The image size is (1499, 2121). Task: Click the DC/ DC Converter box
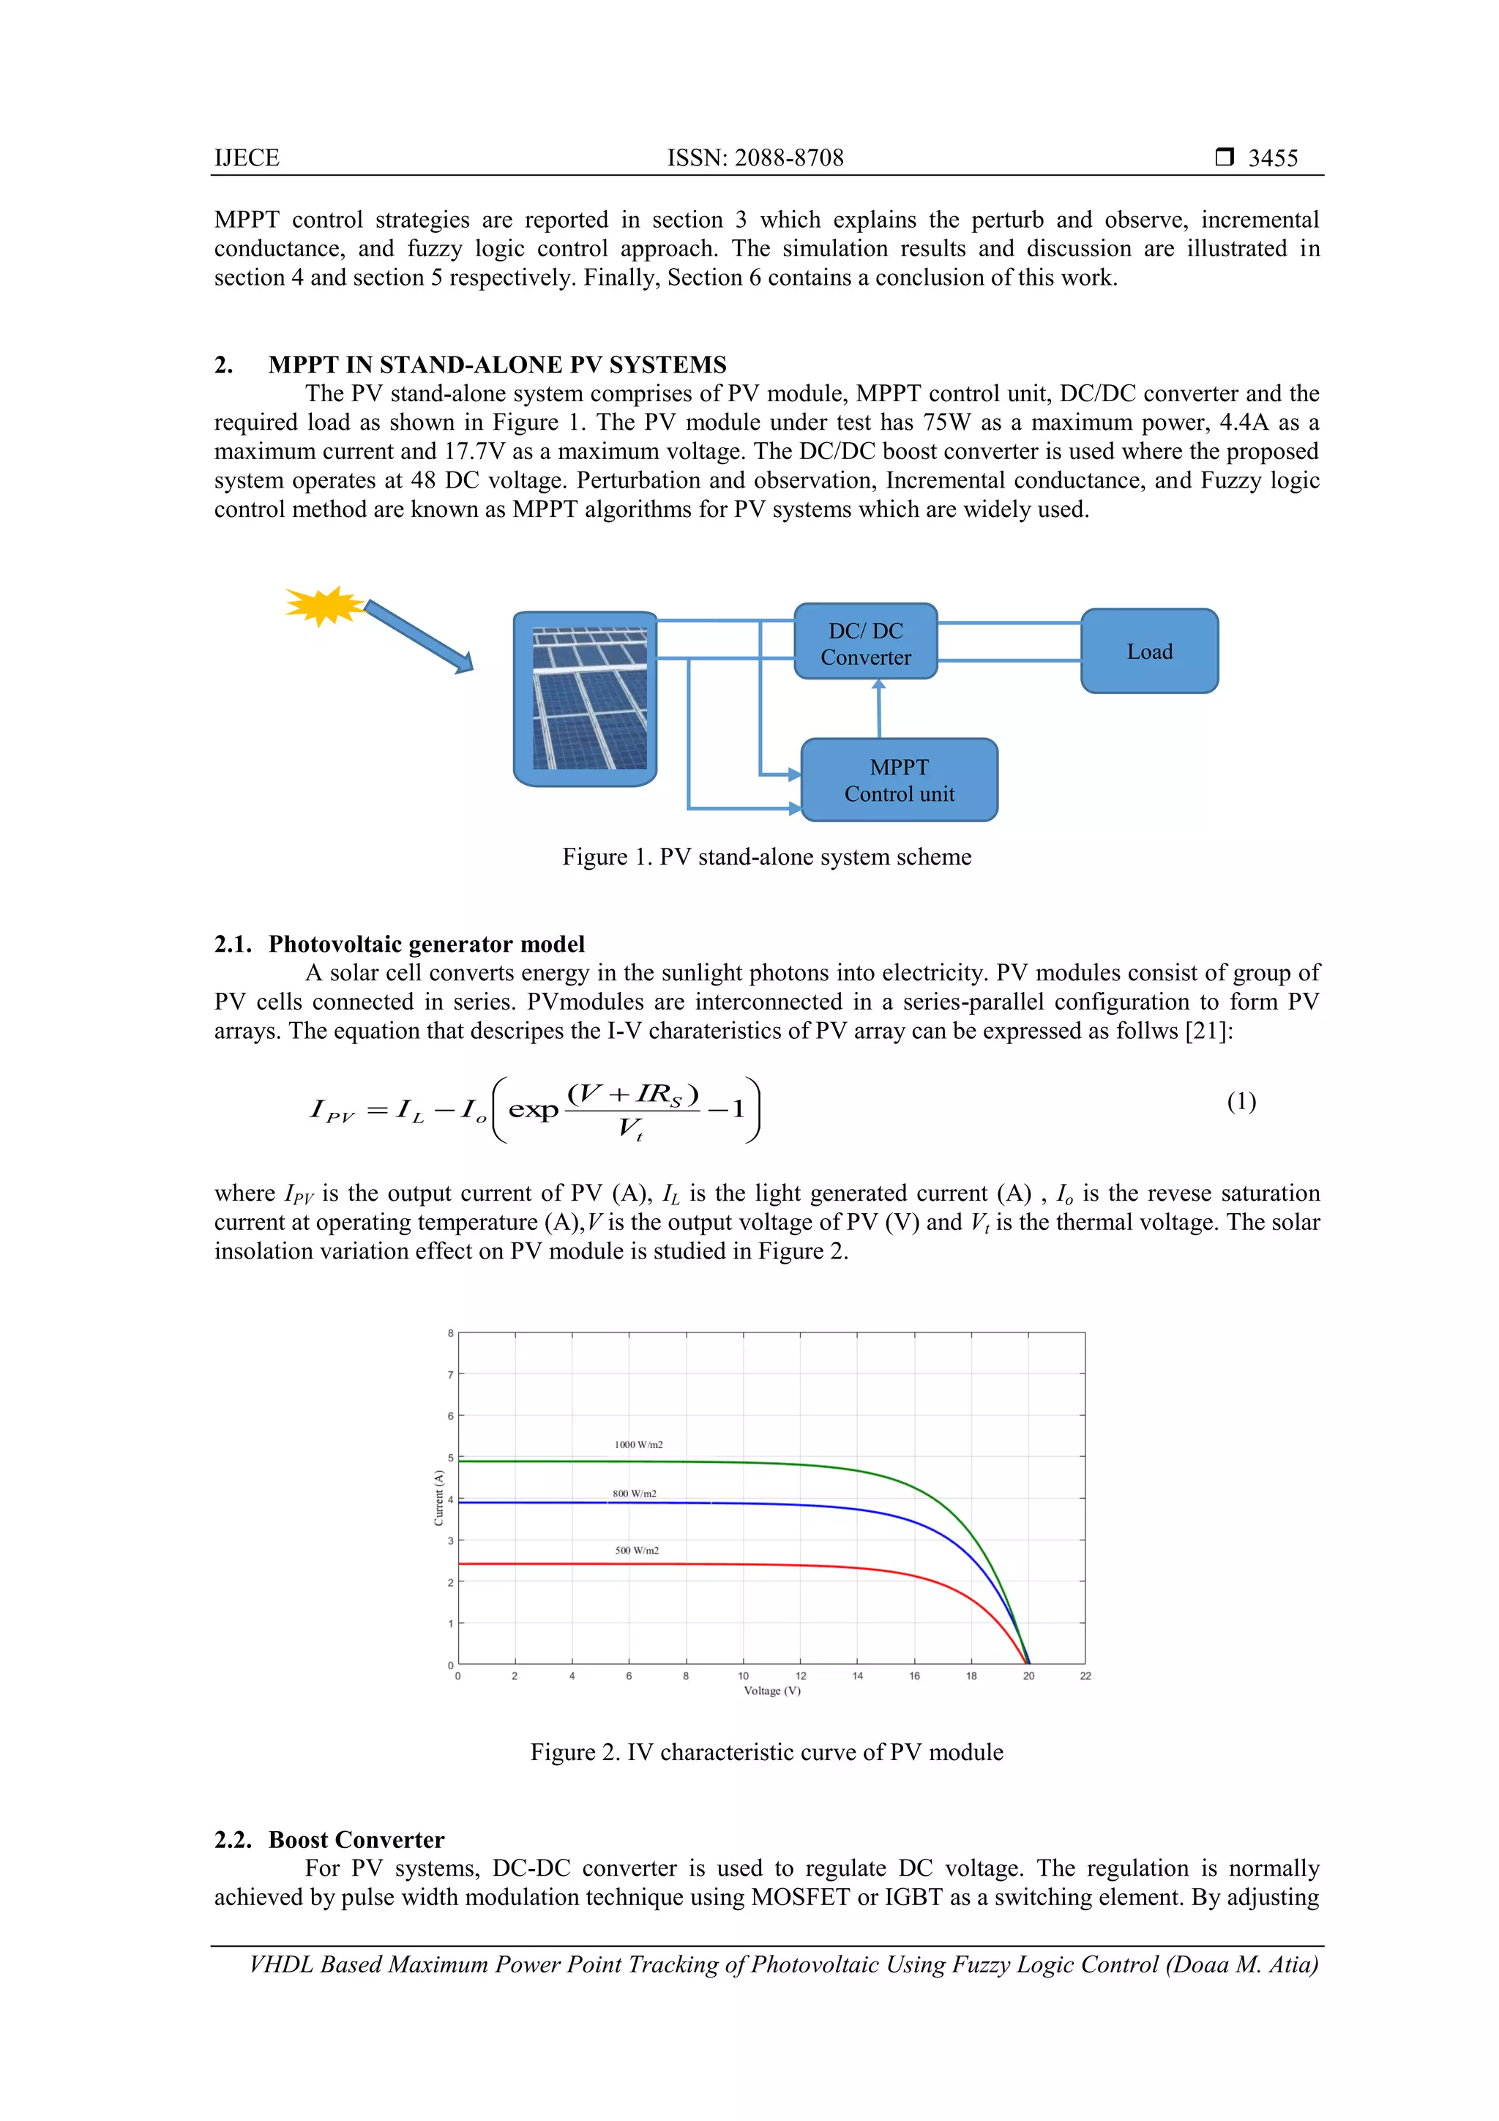coord(865,643)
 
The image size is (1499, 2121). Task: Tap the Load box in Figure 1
coord(1149,652)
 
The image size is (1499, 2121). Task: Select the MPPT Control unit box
coord(899,780)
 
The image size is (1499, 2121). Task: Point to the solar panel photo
coord(589,698)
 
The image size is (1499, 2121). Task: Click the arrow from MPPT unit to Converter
coord(878,709)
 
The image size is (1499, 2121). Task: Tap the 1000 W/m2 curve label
coord(638,1445)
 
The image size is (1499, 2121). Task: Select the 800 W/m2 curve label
coord(635,1494)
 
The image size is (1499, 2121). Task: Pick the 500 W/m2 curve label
coord(636,1550)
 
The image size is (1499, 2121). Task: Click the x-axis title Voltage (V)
coord(772,1691)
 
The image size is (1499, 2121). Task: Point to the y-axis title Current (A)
coord(438,1496)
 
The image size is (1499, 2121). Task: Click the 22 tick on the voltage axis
coord(1085,1676)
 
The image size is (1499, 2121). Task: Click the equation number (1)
coord(1241,1101)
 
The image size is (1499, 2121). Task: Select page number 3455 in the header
coord(1273,158)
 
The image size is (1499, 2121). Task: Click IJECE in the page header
coord(247,158)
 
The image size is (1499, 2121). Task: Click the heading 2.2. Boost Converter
coord(329,1839)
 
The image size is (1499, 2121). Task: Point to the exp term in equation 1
coord(533,1109)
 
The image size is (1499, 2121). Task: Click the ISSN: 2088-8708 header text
coord(755,158)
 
